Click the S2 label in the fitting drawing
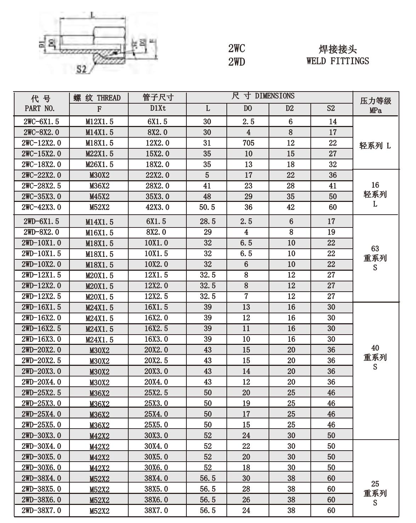(81, 69)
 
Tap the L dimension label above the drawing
(92, 15)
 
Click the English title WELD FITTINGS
(337, 61)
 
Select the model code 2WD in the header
(236, 62)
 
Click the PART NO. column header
(40, 108)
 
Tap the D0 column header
(248, 108)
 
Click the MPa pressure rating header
(375, 110)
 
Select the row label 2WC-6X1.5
(41, 122)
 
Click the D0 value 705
(248, 143)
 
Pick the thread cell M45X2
(100, 197)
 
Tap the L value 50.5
(207, 207)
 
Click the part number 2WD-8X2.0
(41, 232)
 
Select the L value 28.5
(208, 221)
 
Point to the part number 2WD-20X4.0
(41, 382)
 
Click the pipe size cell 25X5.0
(156, 424)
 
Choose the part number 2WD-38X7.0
(41, 510)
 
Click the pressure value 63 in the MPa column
(375, 248)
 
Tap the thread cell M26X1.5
(100, 165)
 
